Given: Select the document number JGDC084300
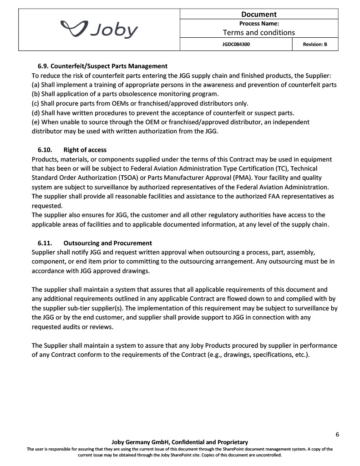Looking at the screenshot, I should [236, 45].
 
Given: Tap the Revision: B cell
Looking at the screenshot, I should [315, 45].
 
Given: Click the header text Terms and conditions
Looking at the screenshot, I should [259, 32].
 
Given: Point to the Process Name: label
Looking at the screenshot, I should [259, 23].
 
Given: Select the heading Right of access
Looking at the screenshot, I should [85, 150].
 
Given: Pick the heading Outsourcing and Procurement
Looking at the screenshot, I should [108, 243].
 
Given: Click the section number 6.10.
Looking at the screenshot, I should [45, 150].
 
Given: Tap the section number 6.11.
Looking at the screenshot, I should [45, 243].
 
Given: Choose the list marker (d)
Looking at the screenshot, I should [36, 112].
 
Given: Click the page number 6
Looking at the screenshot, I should [337, 434].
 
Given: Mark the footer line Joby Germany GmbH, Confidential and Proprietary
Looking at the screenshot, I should [180, 442].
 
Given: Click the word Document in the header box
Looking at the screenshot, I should [259, 14].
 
